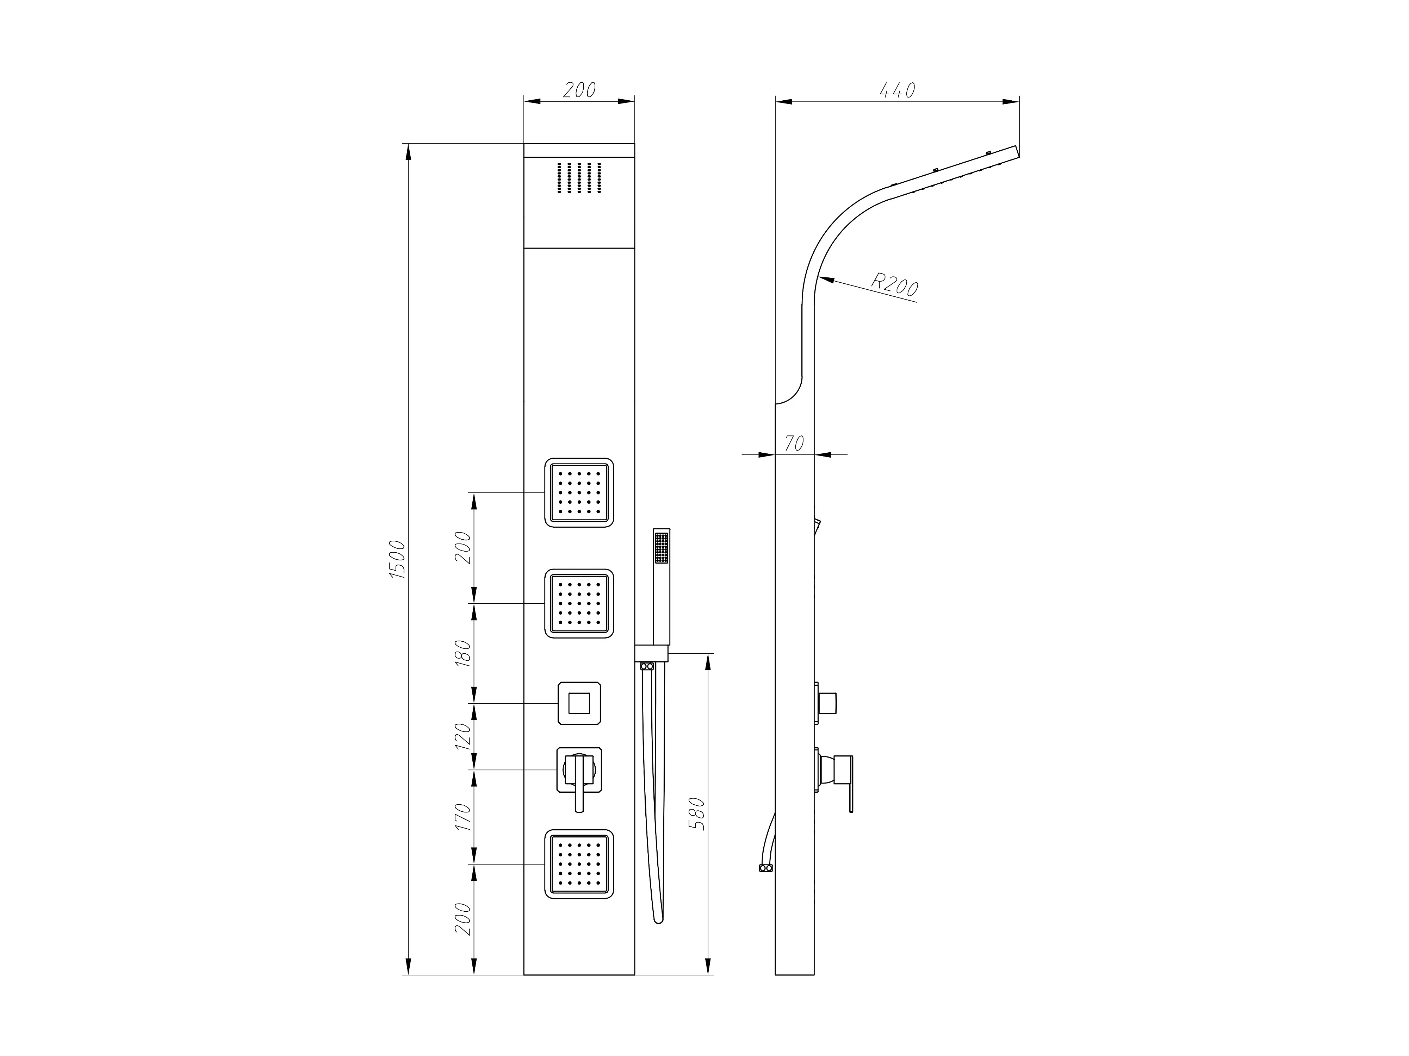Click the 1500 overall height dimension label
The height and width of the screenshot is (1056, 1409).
(x=397, y=559)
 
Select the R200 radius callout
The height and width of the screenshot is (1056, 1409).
(x=895, y=284)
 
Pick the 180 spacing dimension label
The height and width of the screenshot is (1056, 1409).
(x=463, y=653)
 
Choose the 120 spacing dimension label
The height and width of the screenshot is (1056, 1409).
(x=463, y=736)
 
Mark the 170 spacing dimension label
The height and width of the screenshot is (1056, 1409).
(x=463, y=817)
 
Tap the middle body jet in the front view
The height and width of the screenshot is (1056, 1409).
(x=579, y=603)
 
